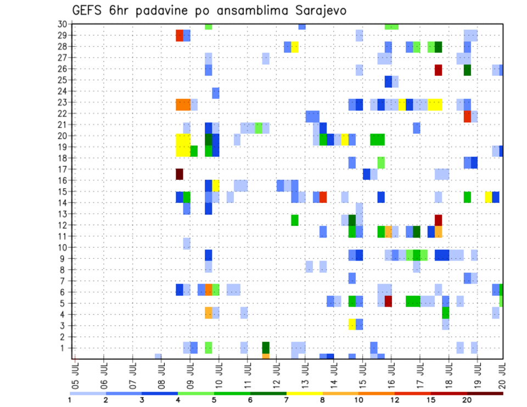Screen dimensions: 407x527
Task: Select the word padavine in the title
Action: (x=164, y=11)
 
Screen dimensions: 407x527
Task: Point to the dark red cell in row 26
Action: (x=438, y=70)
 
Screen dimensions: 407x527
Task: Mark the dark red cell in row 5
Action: (x=388, y=301)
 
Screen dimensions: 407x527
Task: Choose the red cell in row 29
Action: (x=179, y=36)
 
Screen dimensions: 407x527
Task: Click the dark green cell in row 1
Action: (x=266, y=347)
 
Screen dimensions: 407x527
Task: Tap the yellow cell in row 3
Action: (x=352, y=324)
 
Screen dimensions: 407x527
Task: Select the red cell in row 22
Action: (x=467, y=116)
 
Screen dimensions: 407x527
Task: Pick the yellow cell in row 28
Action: (x=295, y=47)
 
